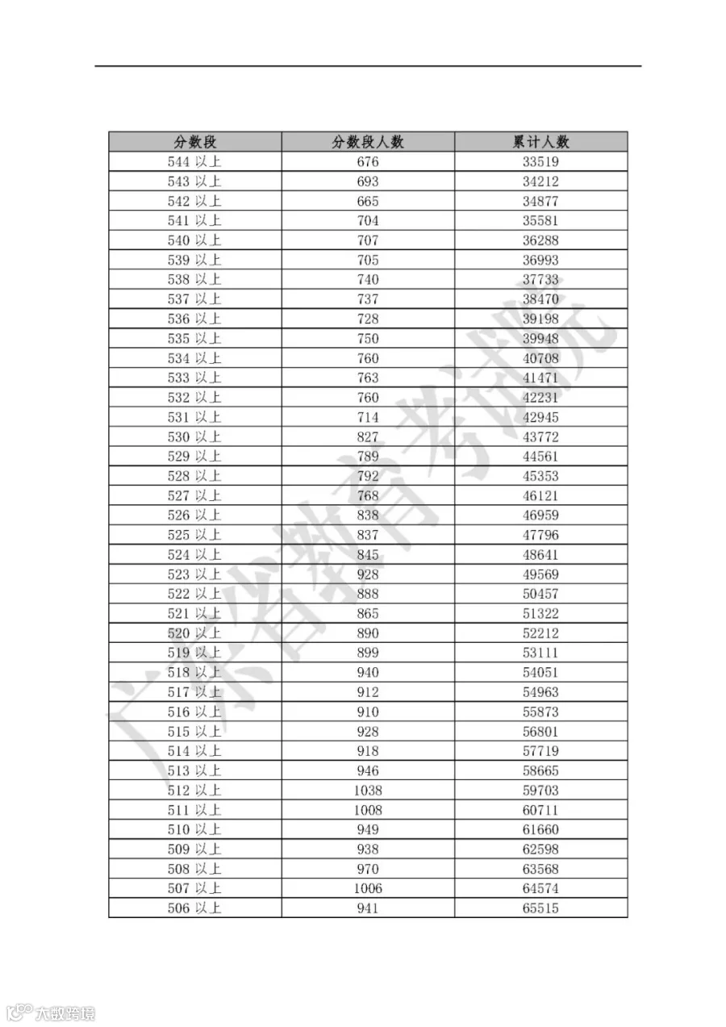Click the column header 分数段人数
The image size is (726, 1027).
click(x=368, y=142)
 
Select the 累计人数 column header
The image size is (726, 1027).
click(x=540, y=142)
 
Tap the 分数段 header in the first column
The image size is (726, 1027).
click(x=194, y=142)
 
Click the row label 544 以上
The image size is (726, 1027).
click(x=194, y=161)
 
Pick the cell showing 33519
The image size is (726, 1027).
click(x=540, y=161)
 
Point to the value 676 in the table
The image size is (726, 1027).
click(x=368, y=161)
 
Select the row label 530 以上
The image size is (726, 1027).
click(x=194, y=436)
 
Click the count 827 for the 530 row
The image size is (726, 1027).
click(x=368, y=436)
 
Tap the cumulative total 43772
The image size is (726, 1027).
click(x=540, y=436)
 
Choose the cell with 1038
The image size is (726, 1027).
click(x=368, y=791)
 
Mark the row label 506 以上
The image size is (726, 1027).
click(x=194, y=908)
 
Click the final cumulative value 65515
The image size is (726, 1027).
click(x=540, y=908)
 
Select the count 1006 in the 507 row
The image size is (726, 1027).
click(x=368, y=888)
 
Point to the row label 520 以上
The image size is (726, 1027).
click(x=194, y=633)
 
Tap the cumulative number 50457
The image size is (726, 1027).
click(x=540, y=594)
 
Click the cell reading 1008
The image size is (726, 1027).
click(x=368, y=810)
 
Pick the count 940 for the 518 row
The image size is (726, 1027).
click(x=368, y=672)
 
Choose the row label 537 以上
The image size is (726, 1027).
click(x=194, y=299)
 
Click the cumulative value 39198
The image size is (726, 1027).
click(x=540, y=319)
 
